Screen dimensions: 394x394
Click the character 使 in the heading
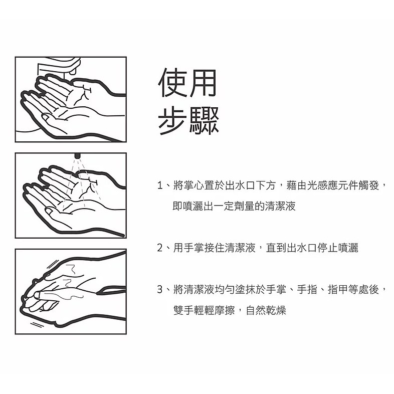172,83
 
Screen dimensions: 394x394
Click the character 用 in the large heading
203,83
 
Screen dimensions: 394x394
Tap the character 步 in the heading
172,120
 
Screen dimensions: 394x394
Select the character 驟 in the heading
204,120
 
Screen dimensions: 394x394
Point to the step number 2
160,248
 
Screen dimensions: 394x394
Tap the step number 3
160,289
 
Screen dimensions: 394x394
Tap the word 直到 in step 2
276,248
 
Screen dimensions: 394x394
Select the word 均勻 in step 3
225,289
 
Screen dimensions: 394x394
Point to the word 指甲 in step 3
338,289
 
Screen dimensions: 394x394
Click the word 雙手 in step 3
183,310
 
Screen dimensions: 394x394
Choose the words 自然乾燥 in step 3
266,310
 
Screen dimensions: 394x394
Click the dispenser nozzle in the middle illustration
77,155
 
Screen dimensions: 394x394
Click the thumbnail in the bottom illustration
38,295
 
